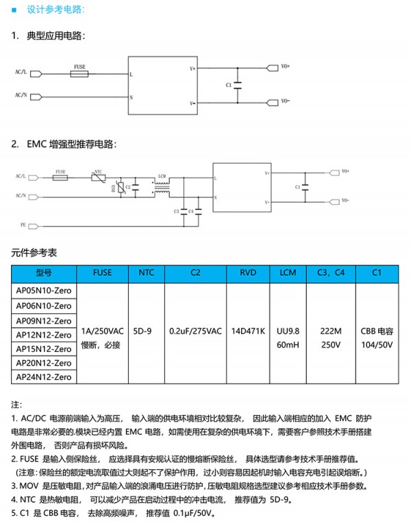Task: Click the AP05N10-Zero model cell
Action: point(44,291)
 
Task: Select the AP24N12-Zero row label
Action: point(44,377)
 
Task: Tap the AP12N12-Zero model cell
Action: point(44,334)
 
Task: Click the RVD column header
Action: point(248,272)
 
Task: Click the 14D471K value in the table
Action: point(248,331)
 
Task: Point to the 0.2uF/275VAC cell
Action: point(195,331)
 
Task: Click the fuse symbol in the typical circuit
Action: point(80,73)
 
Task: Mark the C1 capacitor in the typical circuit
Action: point(237,85)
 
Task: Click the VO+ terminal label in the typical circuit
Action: point(286,67)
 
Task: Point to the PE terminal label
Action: point(23,224)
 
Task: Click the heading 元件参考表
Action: point(32,253)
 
